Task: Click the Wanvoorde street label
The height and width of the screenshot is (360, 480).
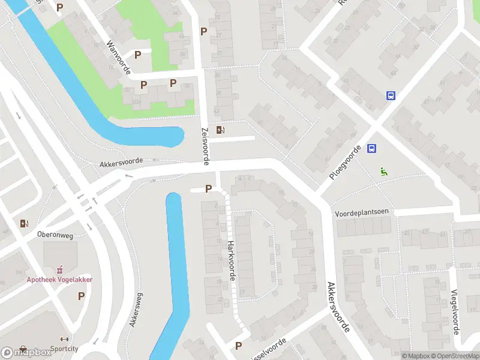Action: tap(118, 58)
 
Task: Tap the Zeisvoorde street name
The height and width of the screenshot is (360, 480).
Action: tap(205, 146)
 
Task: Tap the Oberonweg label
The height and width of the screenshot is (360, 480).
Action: tap(55, 235)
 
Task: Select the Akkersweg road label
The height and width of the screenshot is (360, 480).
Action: tap(136, 310)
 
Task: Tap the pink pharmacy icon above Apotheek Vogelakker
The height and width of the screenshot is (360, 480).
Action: tap(59, 271)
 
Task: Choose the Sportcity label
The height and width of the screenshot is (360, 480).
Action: tap(65, 348)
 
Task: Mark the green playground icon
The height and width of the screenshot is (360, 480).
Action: tap(384, 171)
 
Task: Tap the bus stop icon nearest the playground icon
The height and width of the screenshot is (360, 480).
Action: tap(372, 149)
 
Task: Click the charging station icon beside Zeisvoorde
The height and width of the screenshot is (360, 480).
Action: tap(221, 130)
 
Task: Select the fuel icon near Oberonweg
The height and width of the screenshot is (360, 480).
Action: tap(24, 223)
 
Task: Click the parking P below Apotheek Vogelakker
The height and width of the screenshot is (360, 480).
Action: tap(81, 296)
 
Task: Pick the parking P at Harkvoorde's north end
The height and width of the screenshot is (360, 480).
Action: tap(208, 189)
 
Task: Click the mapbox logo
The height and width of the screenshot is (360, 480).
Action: tap(27, 352)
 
